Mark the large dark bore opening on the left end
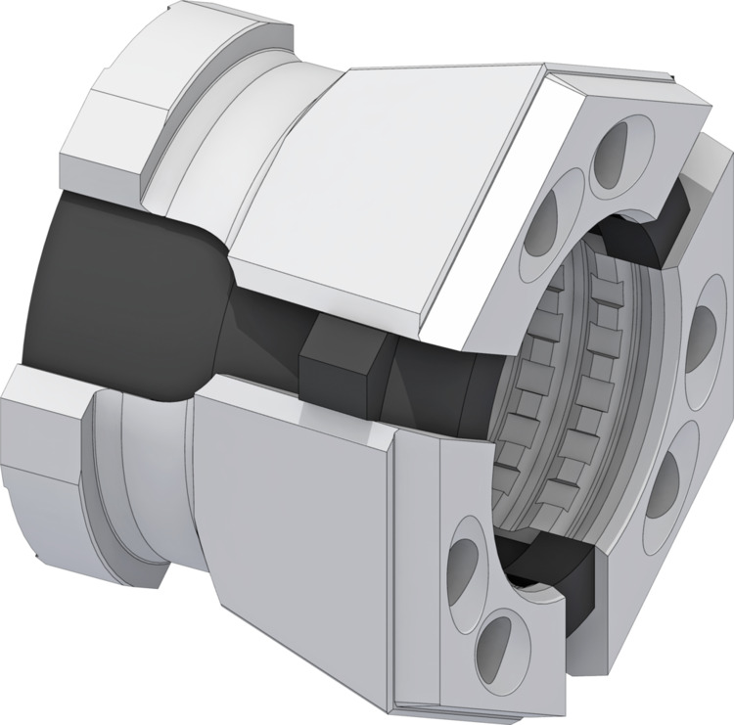pos(117,294)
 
